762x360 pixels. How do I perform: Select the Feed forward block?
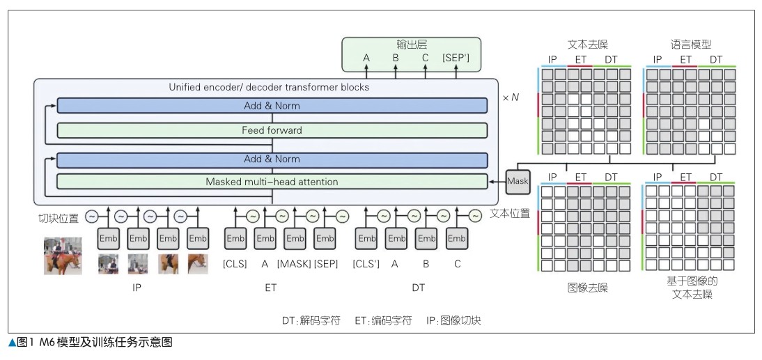pyautogui.click(x=272, y=130)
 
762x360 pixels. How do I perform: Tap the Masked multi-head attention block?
pyautogui.click(x=272, y=182)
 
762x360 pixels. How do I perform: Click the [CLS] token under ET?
pyautogui.click(x=235, y=263)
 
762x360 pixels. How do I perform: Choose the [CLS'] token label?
pyautogui.click(x=366, y=263)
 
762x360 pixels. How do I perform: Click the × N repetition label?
pyautogui.click(x=511, y=97)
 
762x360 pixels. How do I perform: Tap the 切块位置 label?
pyautogui.click(x=59, y=217)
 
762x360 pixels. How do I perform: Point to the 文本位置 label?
pyautogui.click(x=509, y=213)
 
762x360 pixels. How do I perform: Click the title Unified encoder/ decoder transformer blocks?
pyautogui.click(x=269, y=88)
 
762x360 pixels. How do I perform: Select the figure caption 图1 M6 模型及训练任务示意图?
pyautogui.click(x=90, y=342)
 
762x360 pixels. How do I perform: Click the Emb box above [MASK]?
pyautogui.click(x=295, y=238)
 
